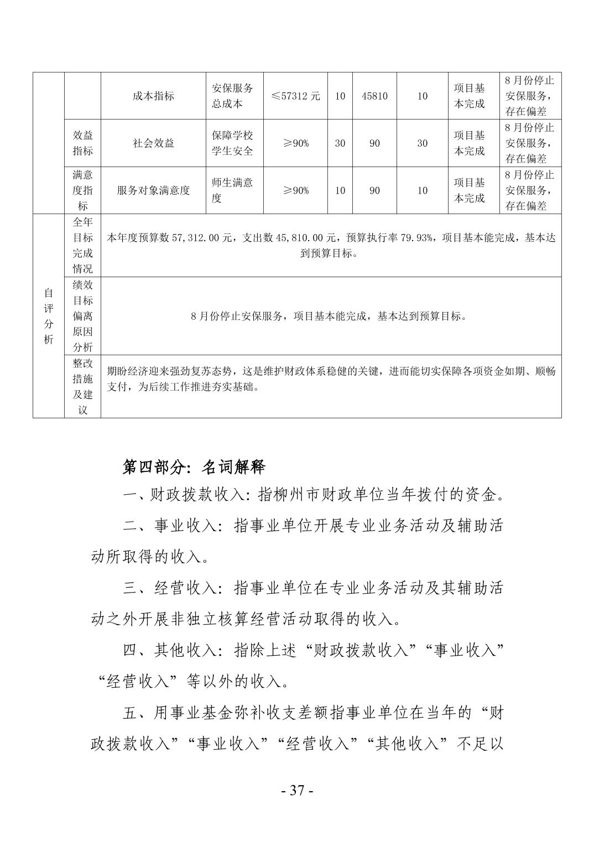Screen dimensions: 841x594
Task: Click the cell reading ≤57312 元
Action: point(295,96)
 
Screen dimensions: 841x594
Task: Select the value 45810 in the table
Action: point(374,96)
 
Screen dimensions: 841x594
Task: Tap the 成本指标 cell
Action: point(153,96)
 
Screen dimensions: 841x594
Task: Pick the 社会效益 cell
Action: point(153,143)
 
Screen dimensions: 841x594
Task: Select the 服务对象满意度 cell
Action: point(153,190)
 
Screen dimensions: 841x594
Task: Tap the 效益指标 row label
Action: point(82,143)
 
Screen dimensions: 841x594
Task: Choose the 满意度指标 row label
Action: point(82,190)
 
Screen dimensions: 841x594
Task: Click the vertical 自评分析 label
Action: point(49,316)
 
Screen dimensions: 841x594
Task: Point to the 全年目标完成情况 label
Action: point(82,245)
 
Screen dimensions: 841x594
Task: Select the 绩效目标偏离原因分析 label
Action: point(82,316)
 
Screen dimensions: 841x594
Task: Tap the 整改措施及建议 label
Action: point(82,386)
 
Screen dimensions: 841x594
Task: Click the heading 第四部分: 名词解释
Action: point(194,467)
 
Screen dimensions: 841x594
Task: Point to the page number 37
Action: point(297,790)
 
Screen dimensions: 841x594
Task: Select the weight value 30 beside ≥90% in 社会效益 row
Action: point(340,143)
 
